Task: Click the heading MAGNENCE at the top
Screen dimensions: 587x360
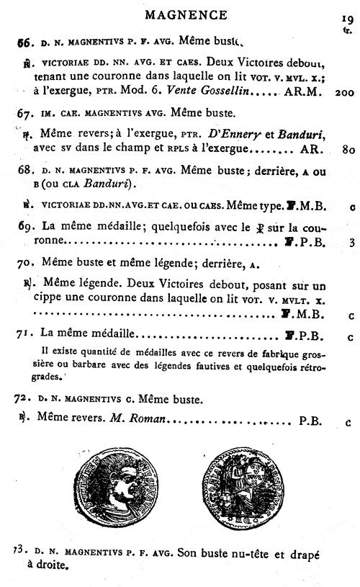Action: pyautogui.click(x=186, y=14)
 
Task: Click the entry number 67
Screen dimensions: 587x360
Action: pyautogui.click(x=25, y=113)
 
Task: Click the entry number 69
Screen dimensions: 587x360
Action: pyautogui.click(x=25, y=228)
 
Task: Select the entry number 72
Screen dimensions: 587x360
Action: pyautogui.click(x=24, y=398)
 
